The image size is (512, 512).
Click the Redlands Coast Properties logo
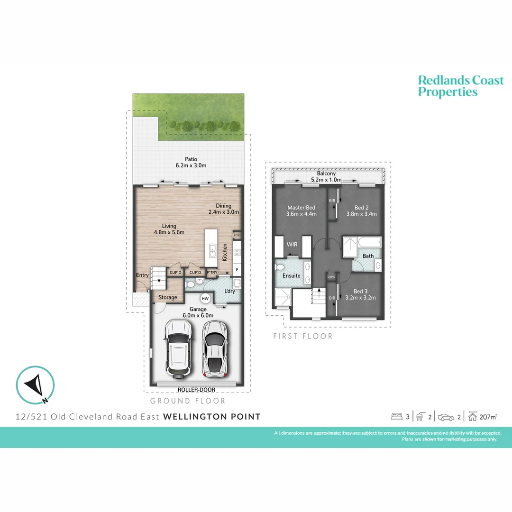point(460,86)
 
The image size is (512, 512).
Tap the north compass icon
point(35,384)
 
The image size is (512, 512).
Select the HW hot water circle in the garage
point(205,299)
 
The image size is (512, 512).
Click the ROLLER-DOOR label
point(196,390)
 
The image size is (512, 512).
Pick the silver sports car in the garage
point(214,347)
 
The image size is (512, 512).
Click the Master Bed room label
point(301,210)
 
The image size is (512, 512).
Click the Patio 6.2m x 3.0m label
point(191,162)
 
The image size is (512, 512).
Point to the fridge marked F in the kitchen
point(237,270)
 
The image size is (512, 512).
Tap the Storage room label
point(167,297)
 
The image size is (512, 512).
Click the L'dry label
point(229,291)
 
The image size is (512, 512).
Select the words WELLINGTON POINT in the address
point(211,417)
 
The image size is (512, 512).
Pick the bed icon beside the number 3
point(396,417)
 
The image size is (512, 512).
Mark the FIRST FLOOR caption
point(302,336)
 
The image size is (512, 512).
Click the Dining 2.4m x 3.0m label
point(224,209)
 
